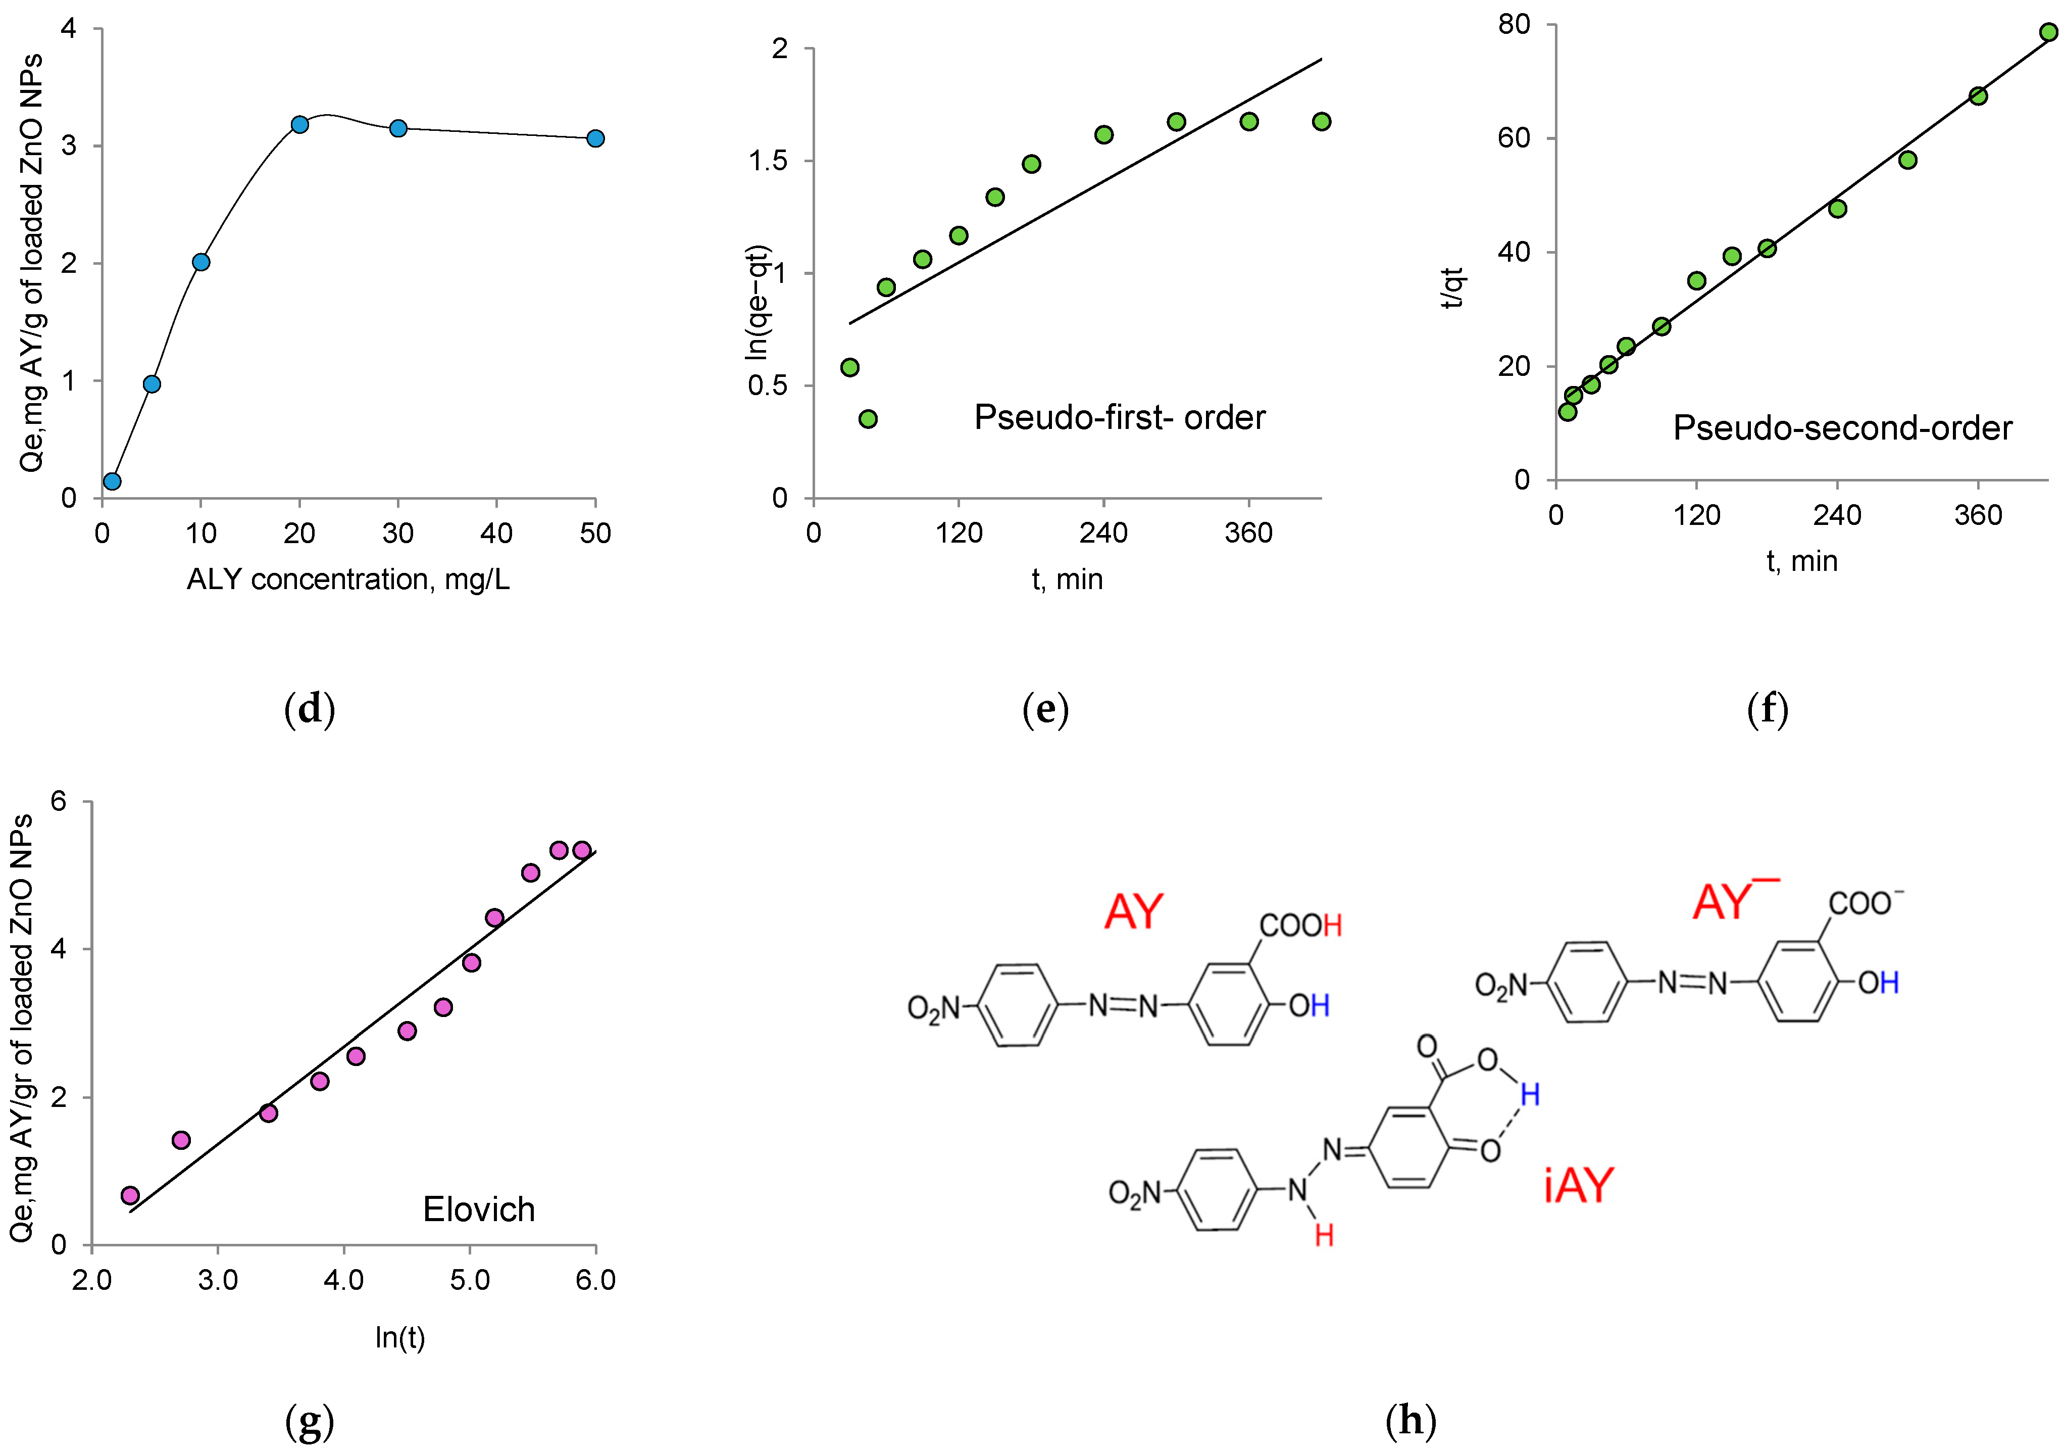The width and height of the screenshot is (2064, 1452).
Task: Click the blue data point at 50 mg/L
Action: pos(595,138)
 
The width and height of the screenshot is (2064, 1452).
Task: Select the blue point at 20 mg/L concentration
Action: pos(300,124)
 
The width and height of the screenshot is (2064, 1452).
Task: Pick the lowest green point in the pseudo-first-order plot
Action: pos(868,419)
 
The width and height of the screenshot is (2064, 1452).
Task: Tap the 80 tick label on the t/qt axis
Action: pos(1514,25)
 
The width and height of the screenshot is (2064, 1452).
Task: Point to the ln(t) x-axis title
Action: pos(400,1338)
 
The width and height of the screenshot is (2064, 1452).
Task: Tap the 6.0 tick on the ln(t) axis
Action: pos(595,1280)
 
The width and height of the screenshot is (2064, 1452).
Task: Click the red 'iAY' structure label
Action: pos(1579,1186)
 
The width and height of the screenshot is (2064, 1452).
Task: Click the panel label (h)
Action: pos(1411,1421)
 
